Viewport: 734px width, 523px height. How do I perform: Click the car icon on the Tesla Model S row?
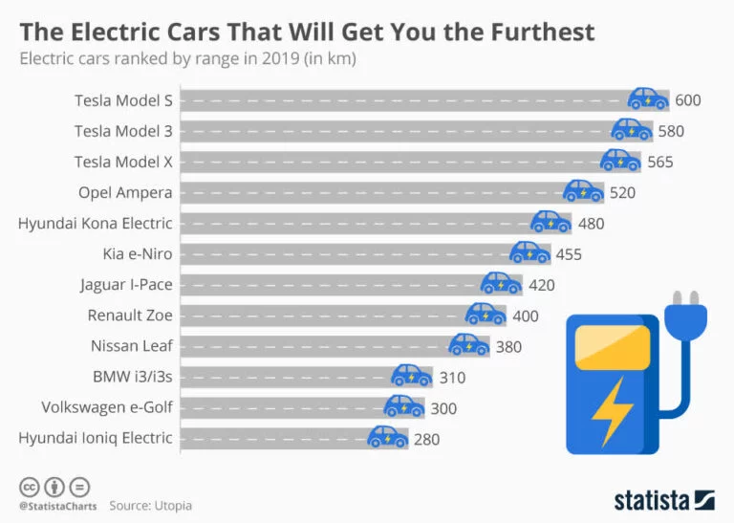tap(648, 98)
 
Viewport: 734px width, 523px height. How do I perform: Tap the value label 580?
tap(671, 131)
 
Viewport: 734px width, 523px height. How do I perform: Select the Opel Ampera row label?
tap(125, 192)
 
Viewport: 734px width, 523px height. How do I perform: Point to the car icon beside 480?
tap(551, 222)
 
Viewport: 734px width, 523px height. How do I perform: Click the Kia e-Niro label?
tap(138, 253)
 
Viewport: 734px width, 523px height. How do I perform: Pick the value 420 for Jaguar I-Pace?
tap(541, 284)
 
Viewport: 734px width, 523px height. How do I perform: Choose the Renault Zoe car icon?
tap(486, 314)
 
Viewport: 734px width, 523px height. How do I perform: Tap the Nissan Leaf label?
tap(132, 346)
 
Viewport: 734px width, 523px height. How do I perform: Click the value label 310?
tap(452, 377)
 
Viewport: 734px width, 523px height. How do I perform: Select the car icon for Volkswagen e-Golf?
tap(403, 406)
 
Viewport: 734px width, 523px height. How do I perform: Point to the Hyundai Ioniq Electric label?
tap(96, 438)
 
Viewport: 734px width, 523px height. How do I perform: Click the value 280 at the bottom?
tap(425, 438)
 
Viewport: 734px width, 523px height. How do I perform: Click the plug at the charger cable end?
tap(686, 315)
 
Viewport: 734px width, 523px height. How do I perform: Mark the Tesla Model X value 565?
tap(660, 162)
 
